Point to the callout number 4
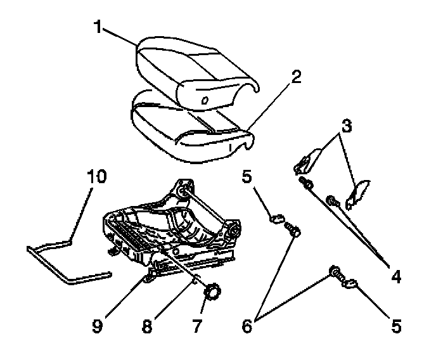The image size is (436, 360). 395,277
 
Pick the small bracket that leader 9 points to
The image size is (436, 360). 151,275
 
